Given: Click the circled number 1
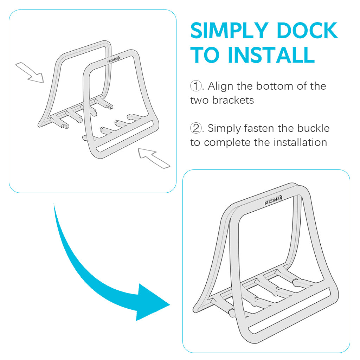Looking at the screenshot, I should coord(195,86).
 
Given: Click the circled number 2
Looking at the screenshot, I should coord(195,128).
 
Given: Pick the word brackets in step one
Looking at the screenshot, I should coord(233,100).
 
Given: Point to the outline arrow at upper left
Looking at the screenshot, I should coord(30,72).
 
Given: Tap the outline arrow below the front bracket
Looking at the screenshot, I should coord(154,157).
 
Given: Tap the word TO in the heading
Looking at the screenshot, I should coord(206,55).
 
